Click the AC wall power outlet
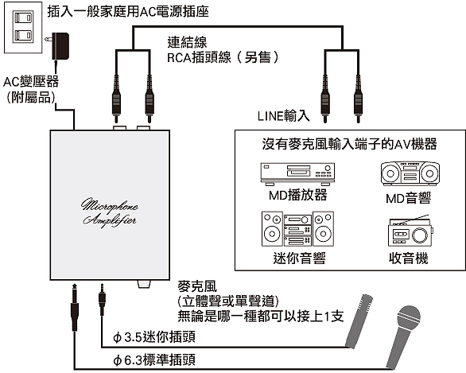[23, 28]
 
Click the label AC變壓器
[31, 82]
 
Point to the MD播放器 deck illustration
[297, 174]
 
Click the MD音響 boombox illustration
[410, 174]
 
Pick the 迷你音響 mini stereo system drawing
[297, 229]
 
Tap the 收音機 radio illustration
[410, 231]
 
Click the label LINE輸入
[284, 115]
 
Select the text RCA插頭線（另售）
[223, 57]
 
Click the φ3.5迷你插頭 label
[154, 337]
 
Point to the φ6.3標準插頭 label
[154, 360]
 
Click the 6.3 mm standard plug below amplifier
[74, 308]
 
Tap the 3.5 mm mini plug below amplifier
[102, 299]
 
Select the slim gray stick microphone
[359, 321]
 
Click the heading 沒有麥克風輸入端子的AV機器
[350, 144]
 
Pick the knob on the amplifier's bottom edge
[144, 284]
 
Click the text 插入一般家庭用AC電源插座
[128, 11]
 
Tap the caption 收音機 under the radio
[409, 258]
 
